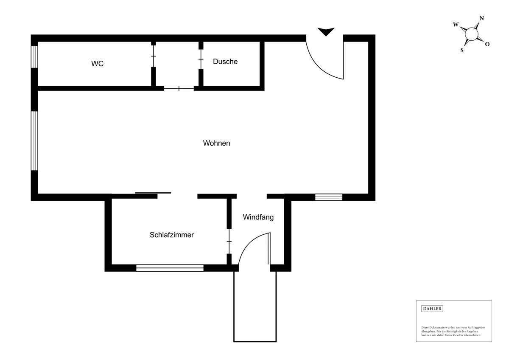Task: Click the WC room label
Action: pos(98,64)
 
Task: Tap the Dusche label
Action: pos(225,62)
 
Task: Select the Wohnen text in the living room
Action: pos(216,143)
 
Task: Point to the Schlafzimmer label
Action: pos(172,235)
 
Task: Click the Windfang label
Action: pos(258,217)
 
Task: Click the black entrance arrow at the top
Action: pos(326,31)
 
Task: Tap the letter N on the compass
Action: pos(481,18)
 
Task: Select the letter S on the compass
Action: pos(462,50)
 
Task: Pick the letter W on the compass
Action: pos(456,25)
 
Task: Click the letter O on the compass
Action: pos(487,44)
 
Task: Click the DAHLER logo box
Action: pos(432,309)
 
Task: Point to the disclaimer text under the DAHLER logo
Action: pos(453,331)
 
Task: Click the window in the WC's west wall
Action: pos(35,56)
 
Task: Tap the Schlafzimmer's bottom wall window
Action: pos(170,268)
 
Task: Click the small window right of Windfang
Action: pos(329,197)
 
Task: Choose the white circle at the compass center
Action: pos(471,34)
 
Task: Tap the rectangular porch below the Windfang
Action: pos(255,306)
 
